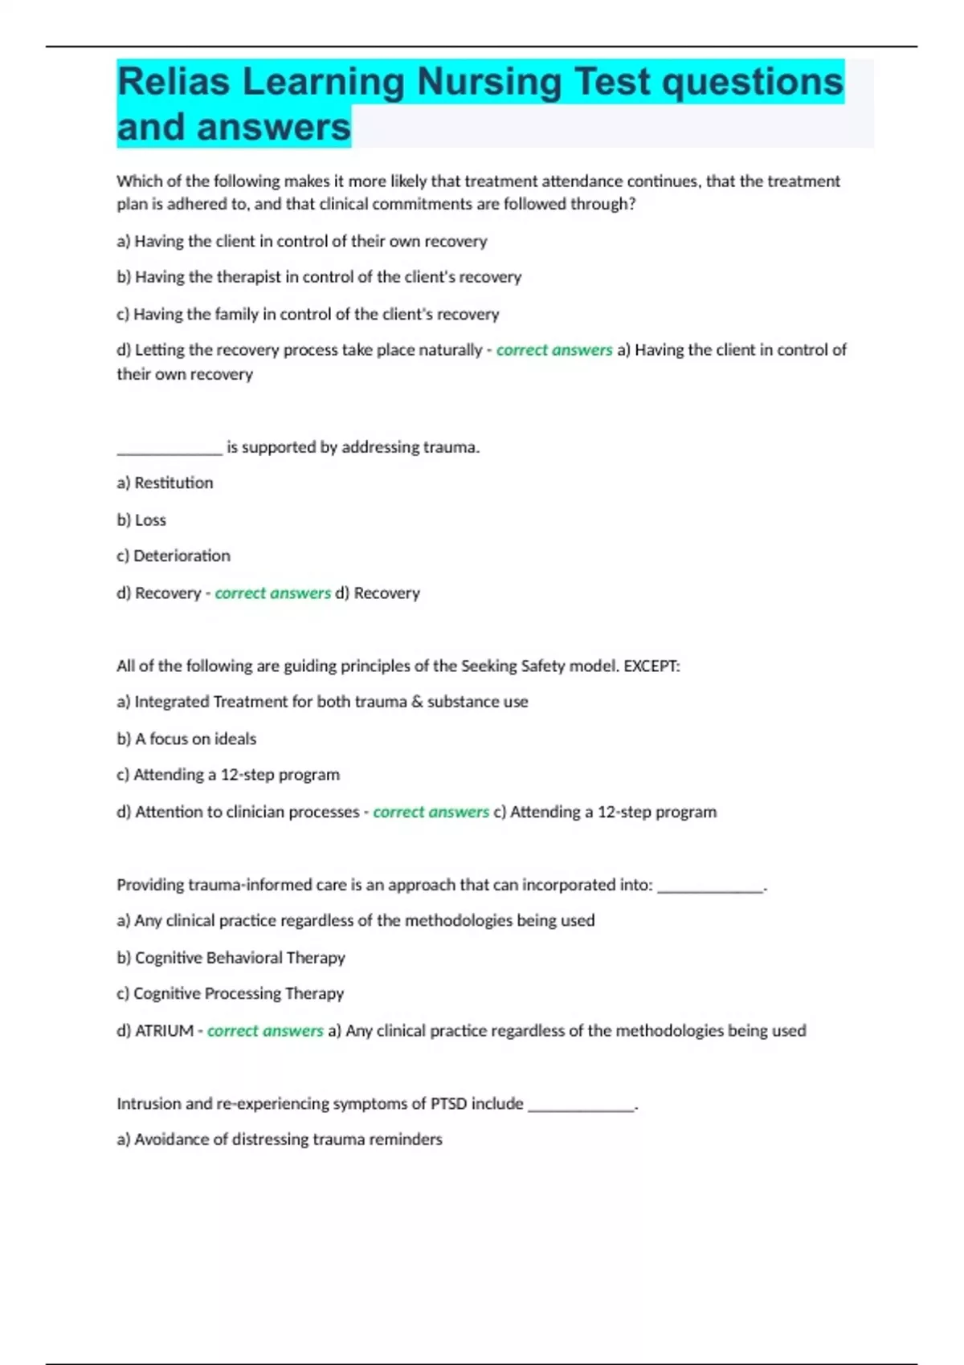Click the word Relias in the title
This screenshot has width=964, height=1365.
point(174,82)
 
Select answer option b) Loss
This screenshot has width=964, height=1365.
point(141,520)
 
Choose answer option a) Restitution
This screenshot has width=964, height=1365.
point(165,483)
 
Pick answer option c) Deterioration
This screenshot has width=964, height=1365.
point(174,556)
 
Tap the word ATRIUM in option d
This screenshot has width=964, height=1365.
point(164,1030)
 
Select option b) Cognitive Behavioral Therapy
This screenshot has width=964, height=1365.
point(231,957)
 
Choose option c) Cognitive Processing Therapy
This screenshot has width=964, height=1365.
point(230,993)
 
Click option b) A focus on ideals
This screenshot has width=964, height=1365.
point(186,739)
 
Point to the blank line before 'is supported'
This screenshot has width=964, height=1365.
point(169,451)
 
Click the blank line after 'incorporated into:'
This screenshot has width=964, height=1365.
point(709,889)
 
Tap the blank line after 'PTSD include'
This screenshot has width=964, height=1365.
point(581,1108)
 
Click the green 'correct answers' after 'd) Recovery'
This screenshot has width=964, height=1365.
point(272,593)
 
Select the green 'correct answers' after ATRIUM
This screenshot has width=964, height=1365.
point(265,1030)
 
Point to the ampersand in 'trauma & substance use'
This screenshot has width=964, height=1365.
point(417,702)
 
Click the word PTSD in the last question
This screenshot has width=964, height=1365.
point(448,1103)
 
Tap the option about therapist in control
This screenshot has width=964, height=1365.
point(319,277)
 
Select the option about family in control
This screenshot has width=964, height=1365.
point(308,314)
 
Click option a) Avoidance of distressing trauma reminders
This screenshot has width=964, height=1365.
point(279,1139)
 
